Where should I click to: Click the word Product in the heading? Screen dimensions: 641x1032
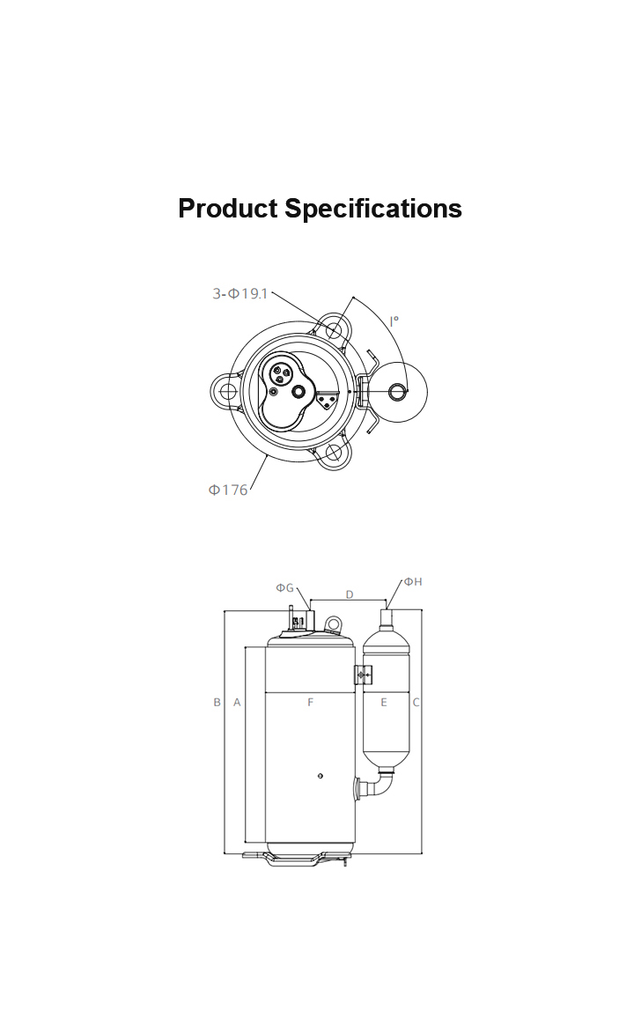coord(228,209)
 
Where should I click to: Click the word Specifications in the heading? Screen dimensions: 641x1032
coord(373,209)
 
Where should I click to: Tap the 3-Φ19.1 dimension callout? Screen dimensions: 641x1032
coord(239,293)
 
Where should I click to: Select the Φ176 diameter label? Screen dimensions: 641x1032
coord(228,490)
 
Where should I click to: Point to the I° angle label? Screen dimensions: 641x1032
coord(394,321)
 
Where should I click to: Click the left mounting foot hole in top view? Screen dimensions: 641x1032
coord(228,392)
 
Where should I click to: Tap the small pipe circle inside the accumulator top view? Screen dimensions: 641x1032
coord(398,392)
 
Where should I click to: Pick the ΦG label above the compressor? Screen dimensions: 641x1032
coord(284,587)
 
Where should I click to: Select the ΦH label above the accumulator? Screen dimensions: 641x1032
coord(413,581)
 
